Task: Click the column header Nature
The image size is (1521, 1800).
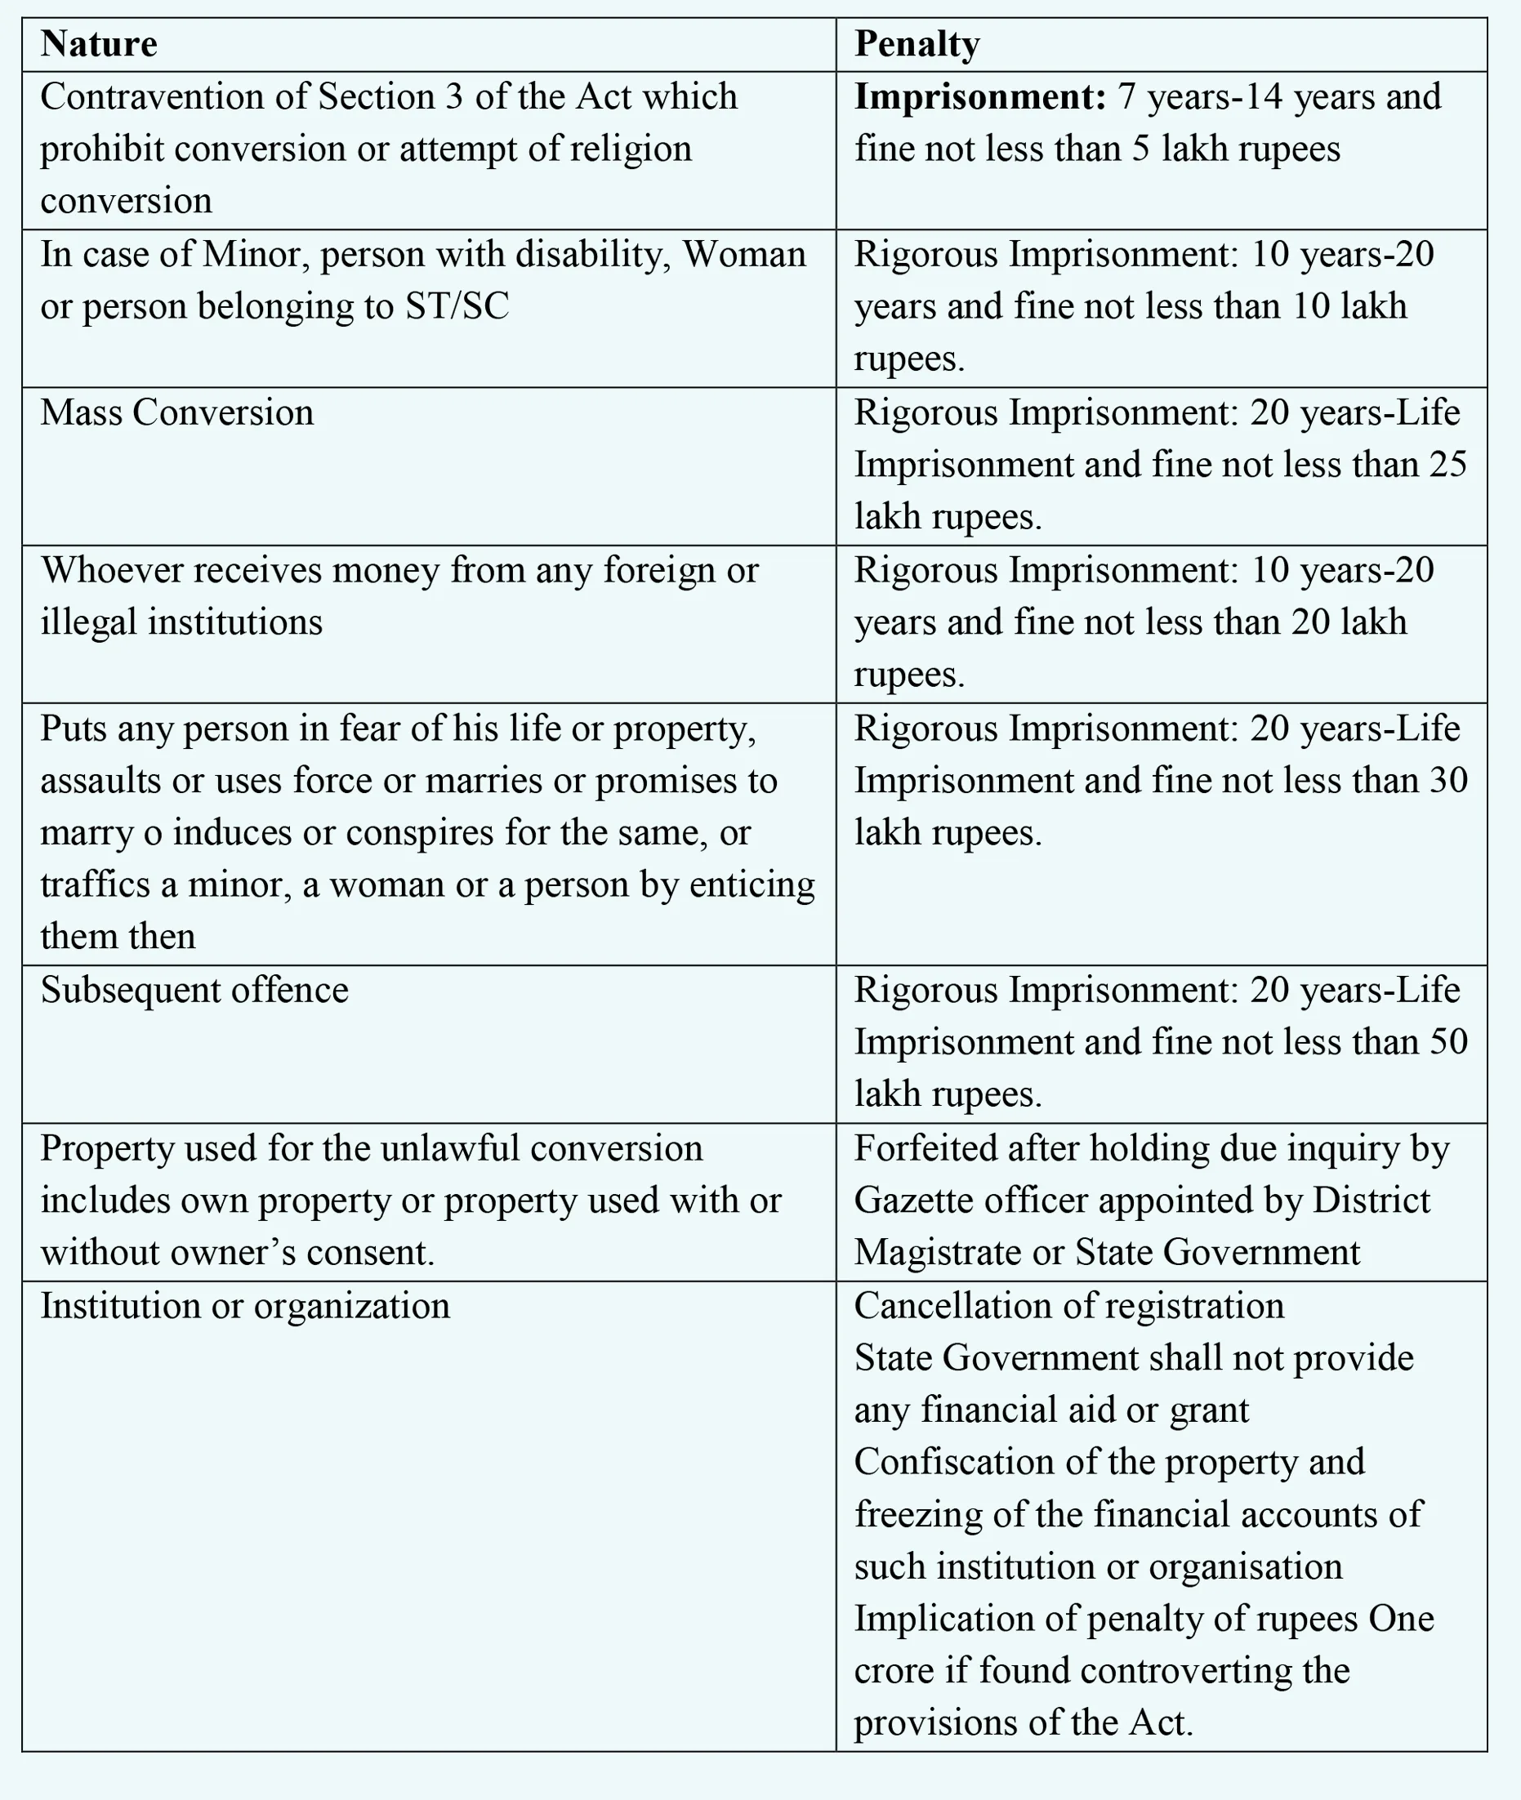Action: click(x=98, y=44)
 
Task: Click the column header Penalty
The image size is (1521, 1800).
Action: click(x=917, y=44)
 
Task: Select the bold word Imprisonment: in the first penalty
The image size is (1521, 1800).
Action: click(x=979, y=96)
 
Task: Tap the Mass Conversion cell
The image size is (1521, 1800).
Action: click(x=176, y=412)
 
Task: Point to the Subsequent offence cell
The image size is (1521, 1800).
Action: click(x=195, y=990)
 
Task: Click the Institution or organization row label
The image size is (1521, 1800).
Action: click(x=245, y=1305)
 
